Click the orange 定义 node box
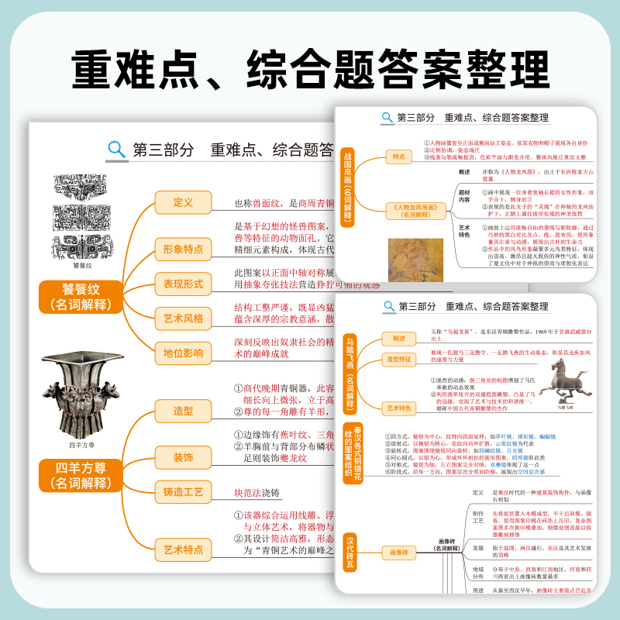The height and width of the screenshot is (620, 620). [x=183, y=202]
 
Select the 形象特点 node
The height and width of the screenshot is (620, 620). [x=183, y=249]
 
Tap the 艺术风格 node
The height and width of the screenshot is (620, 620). [x=183, y=318]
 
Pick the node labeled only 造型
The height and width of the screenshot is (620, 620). [x=183, y=411]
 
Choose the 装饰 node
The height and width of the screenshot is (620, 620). [x=183, y=457]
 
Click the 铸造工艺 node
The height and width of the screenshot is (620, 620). [x=183, y=491]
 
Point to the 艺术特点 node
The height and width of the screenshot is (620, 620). [x=183, y=549]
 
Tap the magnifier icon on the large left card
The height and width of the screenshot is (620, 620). [x=117, y=149]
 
